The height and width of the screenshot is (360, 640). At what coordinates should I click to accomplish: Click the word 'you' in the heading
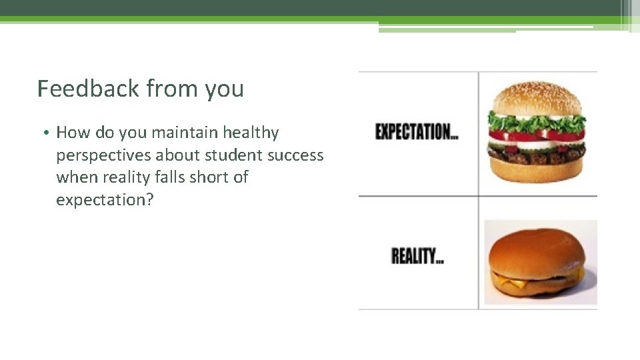coord(225,89)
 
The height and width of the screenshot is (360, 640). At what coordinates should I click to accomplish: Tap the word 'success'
coord(295,155)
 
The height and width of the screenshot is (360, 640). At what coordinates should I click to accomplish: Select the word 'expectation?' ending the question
coord(105,199)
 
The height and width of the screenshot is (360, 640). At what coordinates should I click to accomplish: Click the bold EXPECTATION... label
coord(417,132)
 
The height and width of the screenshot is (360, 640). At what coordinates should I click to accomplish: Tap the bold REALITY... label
coord(417,256)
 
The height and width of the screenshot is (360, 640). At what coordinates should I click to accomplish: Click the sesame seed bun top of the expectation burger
coord(537,99)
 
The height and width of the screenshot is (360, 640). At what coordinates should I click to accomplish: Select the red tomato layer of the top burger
coord(537,136)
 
